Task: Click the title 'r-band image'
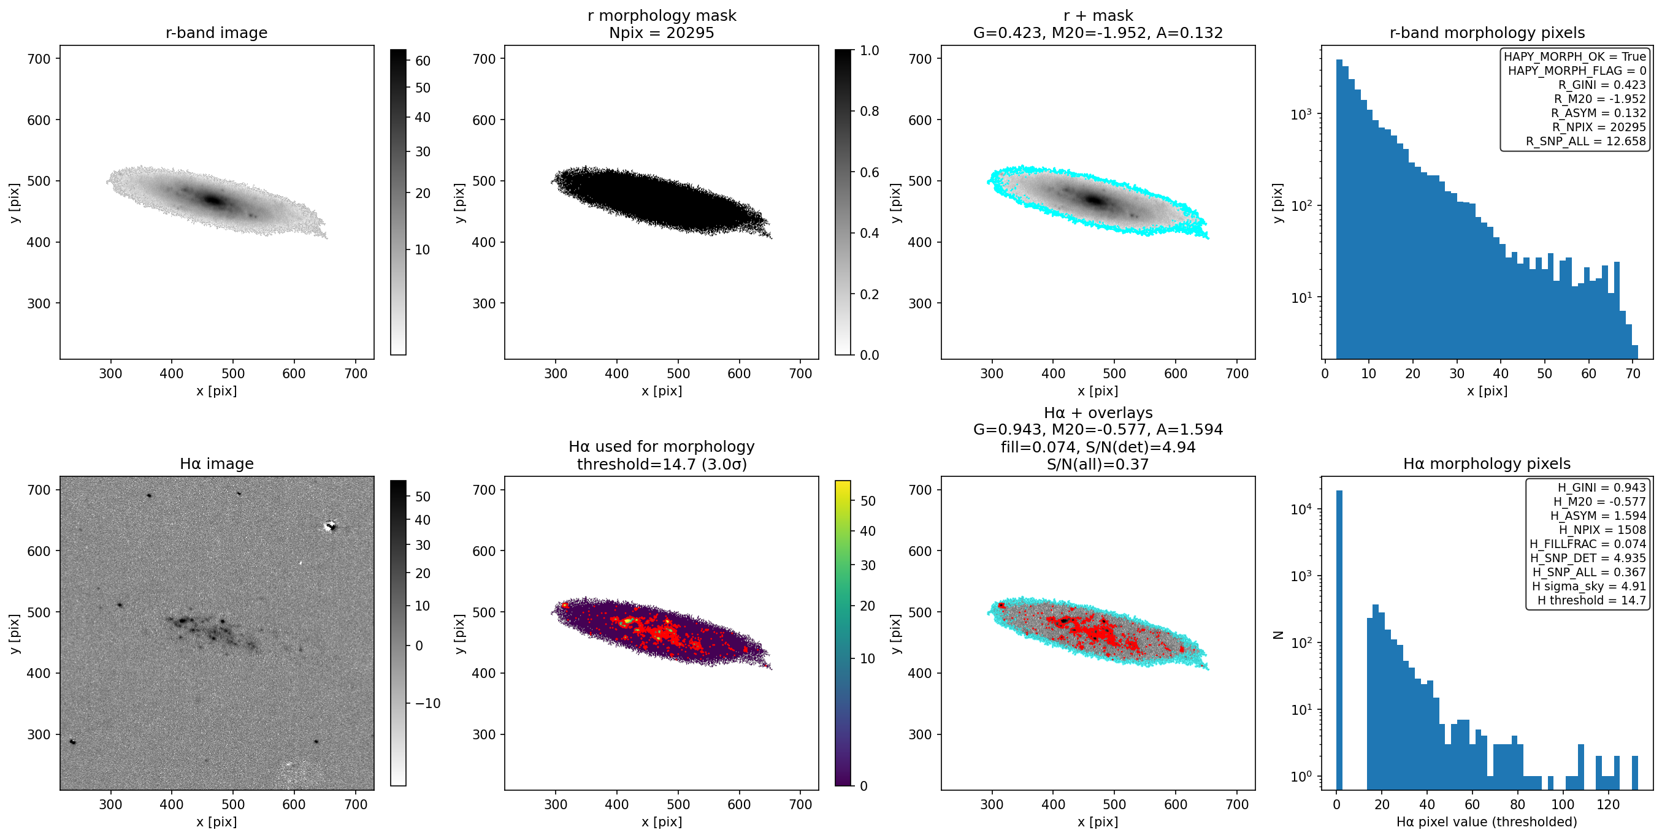click(216, 32)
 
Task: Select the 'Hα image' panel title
click(216, 463)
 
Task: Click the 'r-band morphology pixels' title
click(1487, 32)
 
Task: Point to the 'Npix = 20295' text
click(661, 32)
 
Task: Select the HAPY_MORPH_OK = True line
click(1575, 56)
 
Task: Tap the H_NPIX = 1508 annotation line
click(1603, 530)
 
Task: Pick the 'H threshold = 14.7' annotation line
click(1591, 600)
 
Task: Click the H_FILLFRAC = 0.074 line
click(1588, 544)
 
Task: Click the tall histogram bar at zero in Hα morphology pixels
click(1339, 639)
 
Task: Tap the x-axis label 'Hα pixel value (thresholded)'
click(1487, 821)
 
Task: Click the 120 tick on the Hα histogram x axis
click(1608, 804)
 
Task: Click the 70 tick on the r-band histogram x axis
click(1633, 373)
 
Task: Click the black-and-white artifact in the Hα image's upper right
click(331, 527)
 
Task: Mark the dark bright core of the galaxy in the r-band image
click(213, 200)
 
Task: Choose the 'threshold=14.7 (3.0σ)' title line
click(661, 464)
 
